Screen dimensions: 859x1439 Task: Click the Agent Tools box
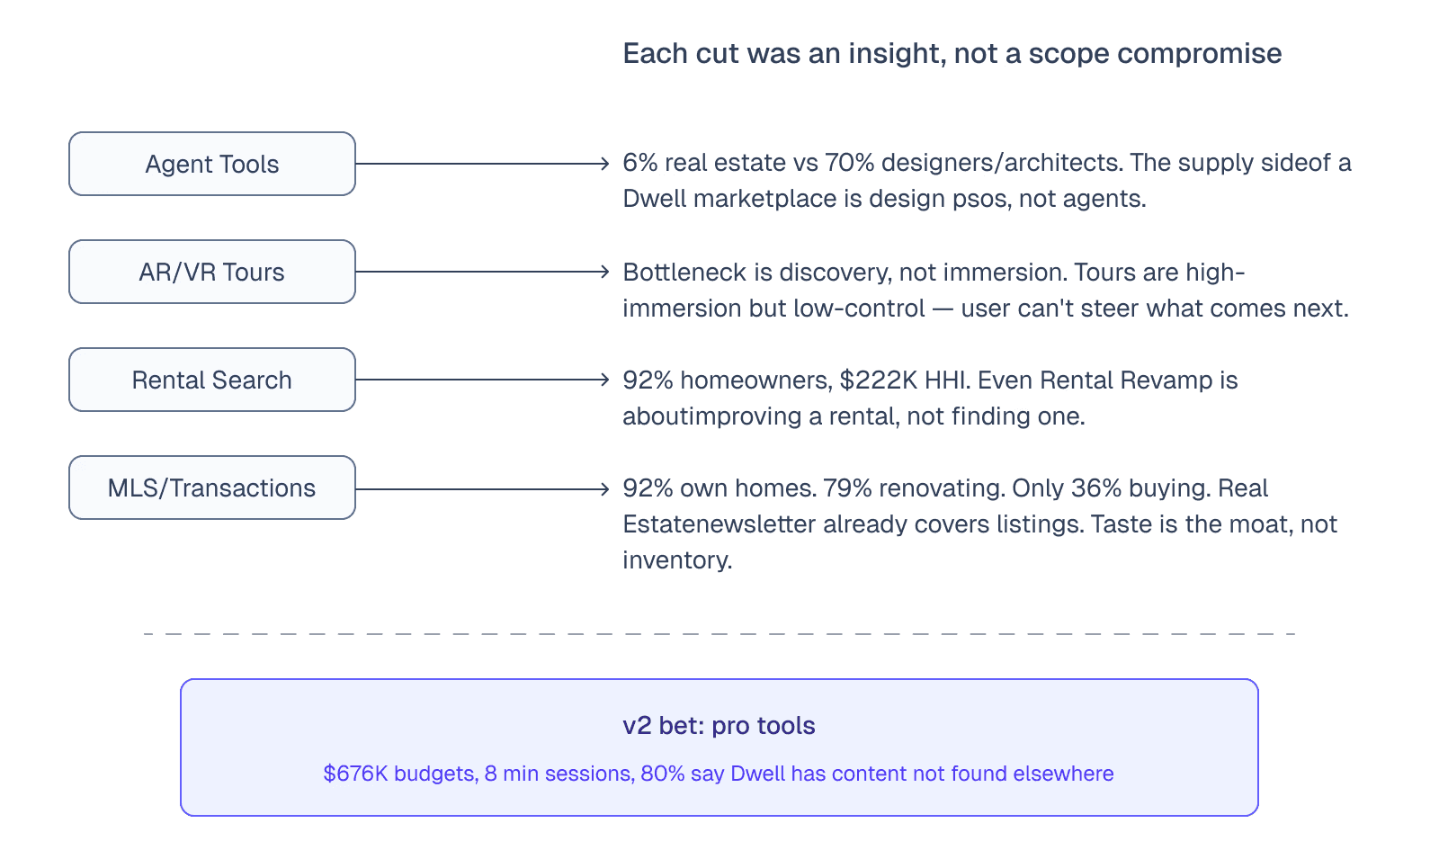coord(212,164)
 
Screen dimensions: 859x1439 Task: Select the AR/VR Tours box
coord(212,272)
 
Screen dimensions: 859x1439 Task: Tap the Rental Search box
coord(212,380)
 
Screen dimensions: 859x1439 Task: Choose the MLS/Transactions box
coord(212,488)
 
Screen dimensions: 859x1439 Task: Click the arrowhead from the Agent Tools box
coord(605,164)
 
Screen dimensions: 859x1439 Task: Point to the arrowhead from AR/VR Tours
coord(605,272)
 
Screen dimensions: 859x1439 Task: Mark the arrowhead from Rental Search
coord(605,380)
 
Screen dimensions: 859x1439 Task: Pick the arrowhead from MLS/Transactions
coord(605,489)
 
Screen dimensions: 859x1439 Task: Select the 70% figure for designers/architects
coord(849,163)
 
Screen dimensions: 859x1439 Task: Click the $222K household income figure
coord(878,380)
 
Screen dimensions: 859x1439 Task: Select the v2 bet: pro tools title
coord(719,726)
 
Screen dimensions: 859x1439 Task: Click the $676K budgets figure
coord(355,774)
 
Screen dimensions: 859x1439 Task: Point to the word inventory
coord(675,560)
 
